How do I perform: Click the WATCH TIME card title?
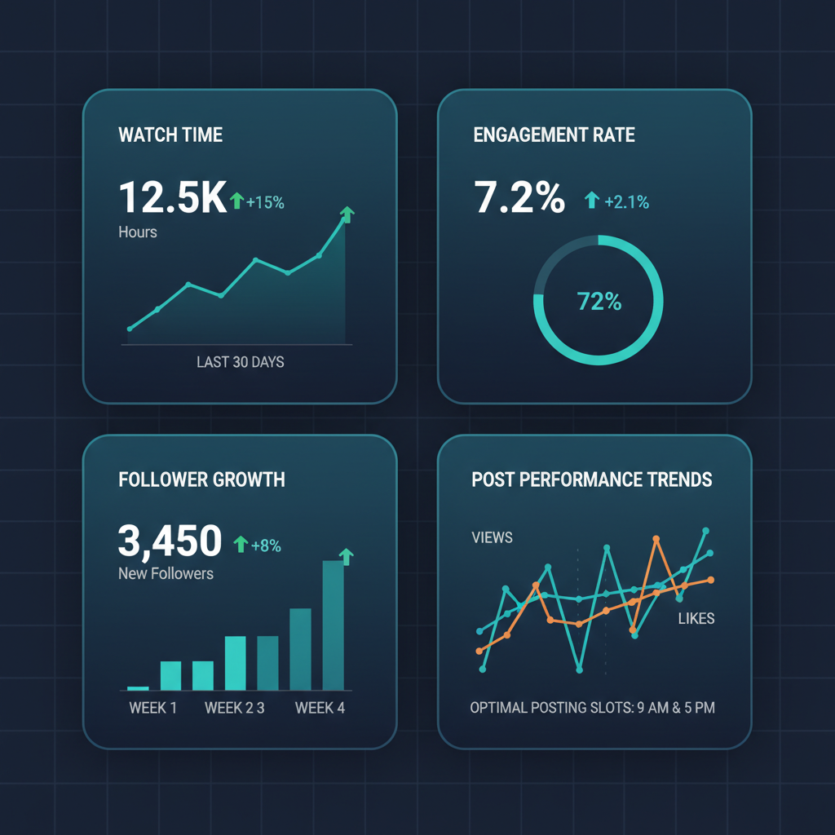(170, 135)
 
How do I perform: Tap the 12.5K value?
(172, 198)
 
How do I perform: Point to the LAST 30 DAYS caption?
(241, 361)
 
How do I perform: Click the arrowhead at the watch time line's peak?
(347, 214)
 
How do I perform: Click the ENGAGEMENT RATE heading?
(554, 135)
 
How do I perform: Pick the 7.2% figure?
(519, 198)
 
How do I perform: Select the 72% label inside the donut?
(599, 302)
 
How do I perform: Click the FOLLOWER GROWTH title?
(202, 479)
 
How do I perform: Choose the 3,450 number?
(170, 541)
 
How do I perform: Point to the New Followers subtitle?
(166, 573)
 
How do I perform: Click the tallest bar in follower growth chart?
(334, 625)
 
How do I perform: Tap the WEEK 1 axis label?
(152, 708)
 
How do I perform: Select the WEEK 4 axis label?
(320, 708)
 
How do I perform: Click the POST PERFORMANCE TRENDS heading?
(592, 479)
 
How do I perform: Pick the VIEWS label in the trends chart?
(492, 537)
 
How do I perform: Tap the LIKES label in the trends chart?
(696, 619)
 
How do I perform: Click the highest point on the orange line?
(656, 539)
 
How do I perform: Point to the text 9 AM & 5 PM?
(674, 708)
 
